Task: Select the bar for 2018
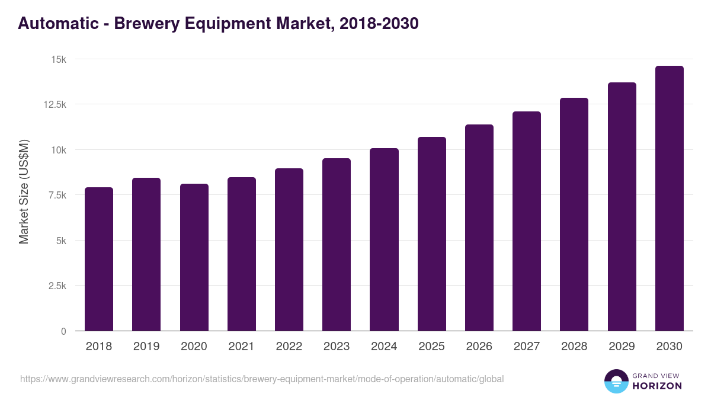(x=99, y=259)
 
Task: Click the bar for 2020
(x=194, y=257)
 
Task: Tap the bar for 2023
(x=337, y=244)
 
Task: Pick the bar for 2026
(x=479, y=228)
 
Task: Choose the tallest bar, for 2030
(x=670, y=199)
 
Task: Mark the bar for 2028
(x=574, y=214)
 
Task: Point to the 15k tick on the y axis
(x=58, y=59)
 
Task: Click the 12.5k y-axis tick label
(x=54, y=104)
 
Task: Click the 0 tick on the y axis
(x=63, y=331)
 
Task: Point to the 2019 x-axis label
(x=146, y=347)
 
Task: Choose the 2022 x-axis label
(x=289, y=347)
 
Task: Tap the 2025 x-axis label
(x=432, y=347)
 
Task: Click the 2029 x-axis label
(x=622, y=347)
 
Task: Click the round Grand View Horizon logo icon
(x=616, y=381)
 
